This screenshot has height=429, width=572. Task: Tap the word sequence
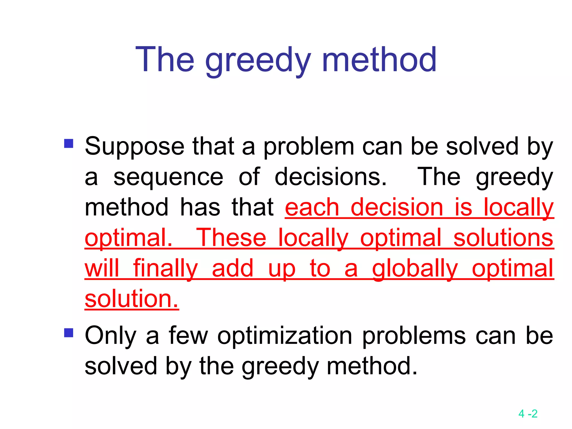[x=168, y=177]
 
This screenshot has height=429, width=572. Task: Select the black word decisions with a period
[x=331, y=177]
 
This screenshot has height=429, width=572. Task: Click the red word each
[x=312, y=208]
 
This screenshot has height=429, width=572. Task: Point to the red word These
[x=231, y=238]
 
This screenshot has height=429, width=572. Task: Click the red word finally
[x=165, y=268]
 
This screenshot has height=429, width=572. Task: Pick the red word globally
[x=415, y=268]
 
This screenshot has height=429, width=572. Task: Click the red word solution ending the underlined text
[x=132, y=299]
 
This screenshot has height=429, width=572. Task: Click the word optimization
[x=285, y=336]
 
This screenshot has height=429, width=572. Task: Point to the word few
[x=189, y=336]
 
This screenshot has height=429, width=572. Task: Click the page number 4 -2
[x=528, y=414]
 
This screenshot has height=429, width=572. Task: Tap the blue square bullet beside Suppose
[x=69, y=144]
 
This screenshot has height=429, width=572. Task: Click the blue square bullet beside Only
[x=69, y=333]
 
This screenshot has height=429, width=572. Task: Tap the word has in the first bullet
[x=200, y=208]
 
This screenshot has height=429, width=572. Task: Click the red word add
[x=232, y=268]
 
